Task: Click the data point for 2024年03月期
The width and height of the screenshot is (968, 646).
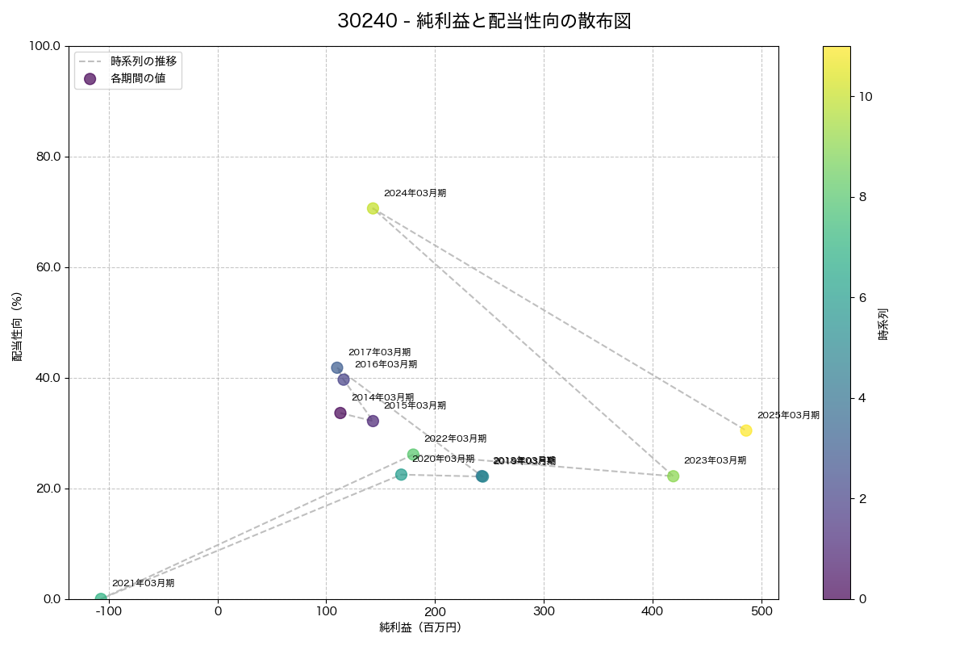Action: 373,208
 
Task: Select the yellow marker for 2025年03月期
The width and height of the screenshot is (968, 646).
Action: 746,430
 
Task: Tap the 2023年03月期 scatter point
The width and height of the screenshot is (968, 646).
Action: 673,476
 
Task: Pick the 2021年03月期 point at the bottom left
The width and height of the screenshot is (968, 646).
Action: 101,599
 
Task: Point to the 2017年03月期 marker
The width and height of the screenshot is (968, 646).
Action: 337,367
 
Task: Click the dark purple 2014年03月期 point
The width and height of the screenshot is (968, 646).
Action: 340,413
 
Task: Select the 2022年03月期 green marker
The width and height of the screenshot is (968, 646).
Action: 413,455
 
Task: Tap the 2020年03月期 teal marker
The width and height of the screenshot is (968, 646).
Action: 401,475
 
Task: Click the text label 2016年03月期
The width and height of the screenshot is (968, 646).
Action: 386,364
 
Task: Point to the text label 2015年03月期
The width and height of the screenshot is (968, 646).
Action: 415,405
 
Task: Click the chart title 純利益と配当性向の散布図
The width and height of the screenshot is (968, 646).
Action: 484,22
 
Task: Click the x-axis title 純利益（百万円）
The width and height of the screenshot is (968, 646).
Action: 420,627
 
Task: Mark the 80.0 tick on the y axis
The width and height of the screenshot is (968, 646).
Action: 47,157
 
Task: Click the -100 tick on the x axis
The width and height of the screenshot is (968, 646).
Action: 109,611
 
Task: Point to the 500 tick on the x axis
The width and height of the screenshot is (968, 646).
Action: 761,611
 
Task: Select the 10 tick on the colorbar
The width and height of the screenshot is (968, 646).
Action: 866,97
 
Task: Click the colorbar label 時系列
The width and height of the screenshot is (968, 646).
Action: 883,322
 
